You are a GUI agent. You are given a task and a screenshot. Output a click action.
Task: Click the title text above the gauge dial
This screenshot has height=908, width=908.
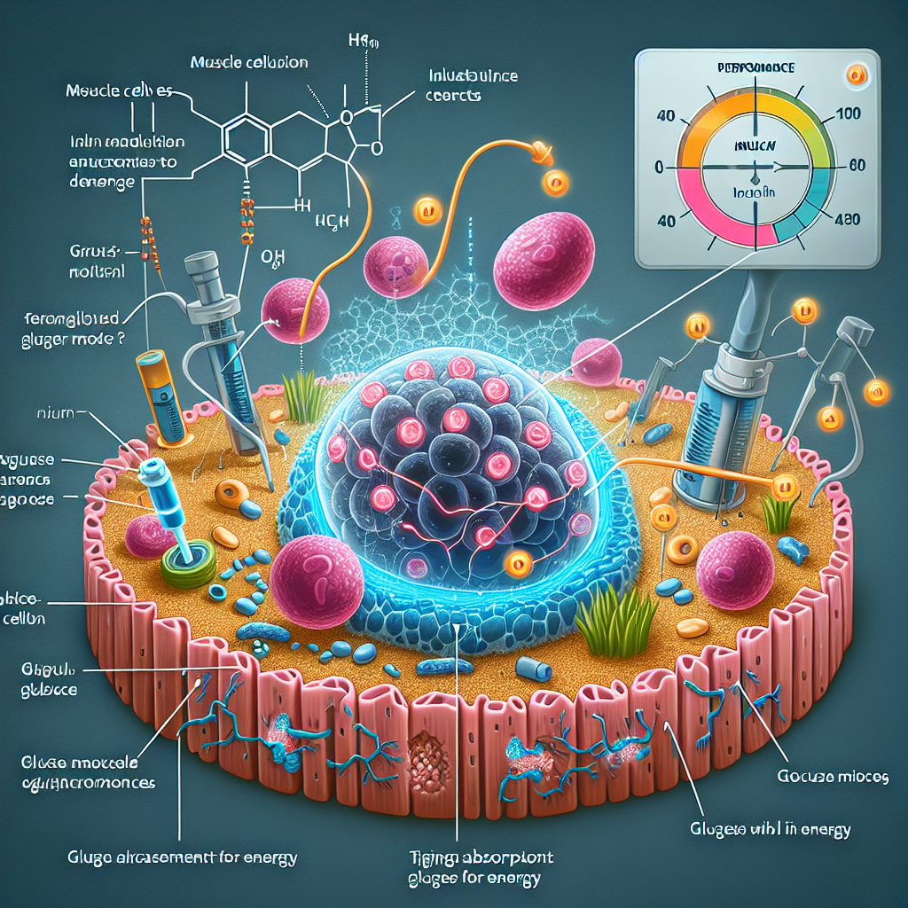(755, 67)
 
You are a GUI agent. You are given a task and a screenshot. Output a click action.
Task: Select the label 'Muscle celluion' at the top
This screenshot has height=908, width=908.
(249, 63)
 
